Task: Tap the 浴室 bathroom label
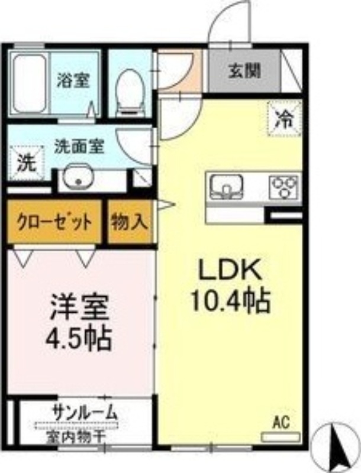(73, 80)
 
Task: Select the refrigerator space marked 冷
(285, 119)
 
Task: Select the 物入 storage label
(130, 223)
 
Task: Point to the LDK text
(230, 273)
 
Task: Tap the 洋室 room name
(79, 309)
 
